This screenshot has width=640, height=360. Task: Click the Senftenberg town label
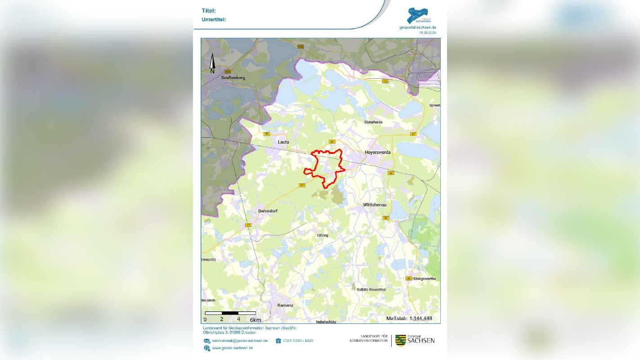click(x=233, y=78)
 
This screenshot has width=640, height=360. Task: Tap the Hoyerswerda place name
click(x=378, y=153)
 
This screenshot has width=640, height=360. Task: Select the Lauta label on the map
click(x=283, y=142)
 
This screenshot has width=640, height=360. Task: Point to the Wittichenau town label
click(x=375, y=205)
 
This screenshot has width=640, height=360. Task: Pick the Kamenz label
click(x=285, y=305)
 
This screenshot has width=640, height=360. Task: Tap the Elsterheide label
click(x=373, y=122)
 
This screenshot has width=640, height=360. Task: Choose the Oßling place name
click(x=322, y=235)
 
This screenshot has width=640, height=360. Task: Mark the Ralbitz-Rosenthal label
click(x=371, y=289)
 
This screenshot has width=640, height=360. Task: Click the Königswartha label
click(x=424, y=279)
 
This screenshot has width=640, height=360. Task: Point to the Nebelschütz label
click(x=327, y=322)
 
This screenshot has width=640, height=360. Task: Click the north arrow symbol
click(x=212, y=62)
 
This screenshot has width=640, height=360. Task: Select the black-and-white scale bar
click(x=230, y=313)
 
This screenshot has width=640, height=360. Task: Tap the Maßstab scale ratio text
click(x=409, y=319)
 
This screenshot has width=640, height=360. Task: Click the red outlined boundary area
click(x=325, y=167)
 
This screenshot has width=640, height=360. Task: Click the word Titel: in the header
click(x=209, y=10)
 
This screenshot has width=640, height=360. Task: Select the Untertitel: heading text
click(x=214, y=19)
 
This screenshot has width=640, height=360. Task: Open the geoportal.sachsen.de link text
click(x=417, y=27)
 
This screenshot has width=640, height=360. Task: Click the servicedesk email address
click(x=240, y=341)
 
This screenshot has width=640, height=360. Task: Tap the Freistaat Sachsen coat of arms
click(x=400, y=340)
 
